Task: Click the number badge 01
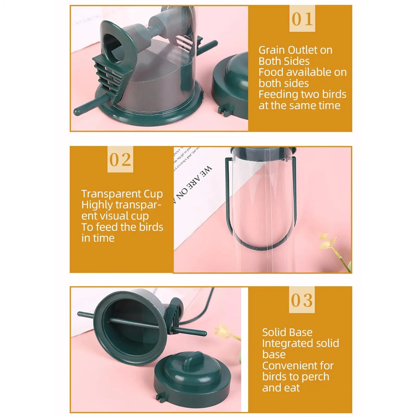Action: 302,19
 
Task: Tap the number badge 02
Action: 120,160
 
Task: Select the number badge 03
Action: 302,300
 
